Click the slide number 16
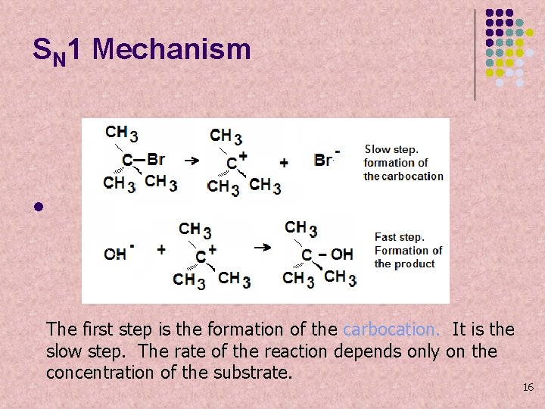[528, 388]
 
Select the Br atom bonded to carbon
[155, 159]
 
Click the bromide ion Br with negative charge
[325, 160]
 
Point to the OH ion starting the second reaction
[117, 253]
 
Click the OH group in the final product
[341, 254]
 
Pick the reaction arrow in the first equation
[192, 161]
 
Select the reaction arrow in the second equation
[263, 247]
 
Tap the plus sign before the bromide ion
[284, 162]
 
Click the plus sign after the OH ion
[161, 249]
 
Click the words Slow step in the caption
[391, 149]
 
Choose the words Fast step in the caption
[400, 237]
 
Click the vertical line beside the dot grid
[475, 55]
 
